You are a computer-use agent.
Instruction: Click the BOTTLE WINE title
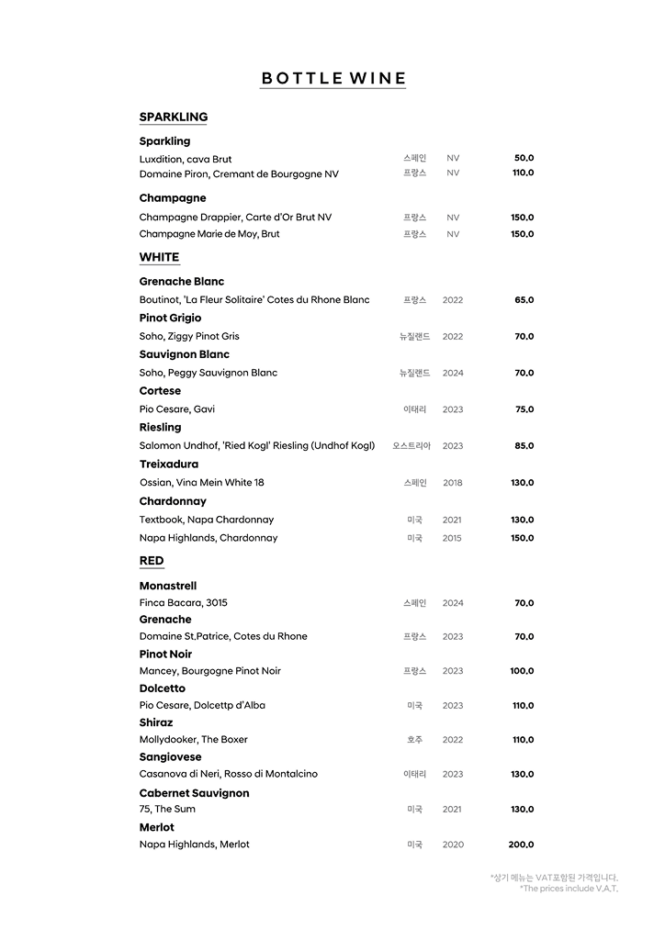pyautogui.click(x=332, y=78)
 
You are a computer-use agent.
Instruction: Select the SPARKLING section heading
pyautogui.click(x=174, y=117)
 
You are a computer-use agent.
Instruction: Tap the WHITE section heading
pyautogui.click(x=159, y=257)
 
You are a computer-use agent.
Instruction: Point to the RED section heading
pyautogui.click(x=152, y=561)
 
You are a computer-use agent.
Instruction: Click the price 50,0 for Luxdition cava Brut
pyautogui.click(x=524, y=158)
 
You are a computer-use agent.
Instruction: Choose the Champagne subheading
pyautogui.click(x=173, y=198)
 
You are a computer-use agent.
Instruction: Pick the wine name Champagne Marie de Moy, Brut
pyautogui.click(x=209, y=234)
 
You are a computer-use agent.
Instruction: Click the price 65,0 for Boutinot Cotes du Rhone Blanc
pyautogui.click(x=524, y=300)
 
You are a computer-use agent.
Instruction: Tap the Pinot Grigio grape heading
pyautogui.click(x=170, y=319)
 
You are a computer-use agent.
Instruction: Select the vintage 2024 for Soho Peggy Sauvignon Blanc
pyautogui.click(x=453, y=373)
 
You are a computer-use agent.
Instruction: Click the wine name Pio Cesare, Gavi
pyautogui.click(x=177, y=409)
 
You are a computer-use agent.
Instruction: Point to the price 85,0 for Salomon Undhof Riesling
pyautogui.click(x=524, y=446)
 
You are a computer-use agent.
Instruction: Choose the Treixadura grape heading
pyautogui.click(x=169, y=464)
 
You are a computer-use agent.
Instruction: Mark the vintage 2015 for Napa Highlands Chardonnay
pyautogui.click(x=452, y=538)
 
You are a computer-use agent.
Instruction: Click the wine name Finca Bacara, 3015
pyautogui.click(x=184, y=603)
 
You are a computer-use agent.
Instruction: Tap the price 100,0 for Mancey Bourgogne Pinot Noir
pyautogui.click(x=522, y=671)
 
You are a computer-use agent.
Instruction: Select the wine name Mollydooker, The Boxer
pyautogui.click(x=194, y=740)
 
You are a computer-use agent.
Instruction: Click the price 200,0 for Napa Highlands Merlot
pyautogui.click(x=521, y=845)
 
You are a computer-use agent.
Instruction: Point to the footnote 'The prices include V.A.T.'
pyautogui.click(x=569, y=889)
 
